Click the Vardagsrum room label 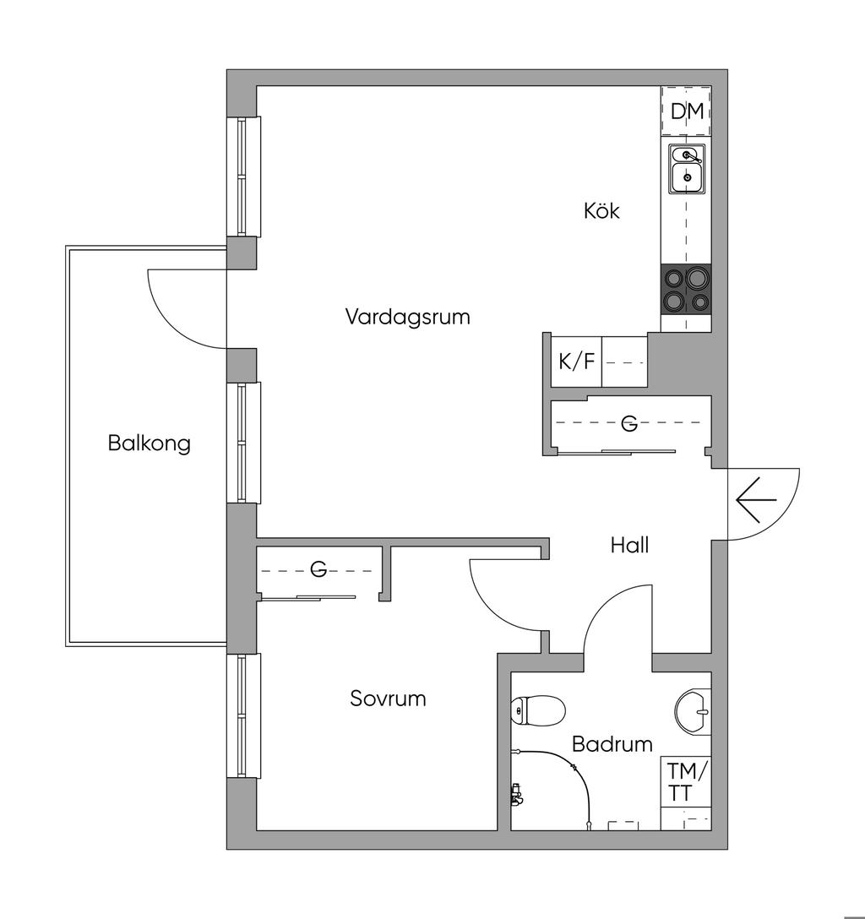(x=407, y=317)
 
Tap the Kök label (x=601, y=210)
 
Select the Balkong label (x=150, y=443)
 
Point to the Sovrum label (x=388, y=698)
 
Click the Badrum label (x=612, y=744)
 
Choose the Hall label (x=629, y=545)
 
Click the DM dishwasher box (x=686, y=111)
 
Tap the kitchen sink (x=687, y=169)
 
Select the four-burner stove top (x=686, y=289)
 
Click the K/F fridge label (x=577, y=362)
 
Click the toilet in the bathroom (x=538, y=710)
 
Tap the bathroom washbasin (x=694, y=711)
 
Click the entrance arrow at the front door (x=756, y=499)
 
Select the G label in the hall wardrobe (x=629, y=422)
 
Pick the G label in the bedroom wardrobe (x=318, y=568)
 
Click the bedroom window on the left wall (x=244, y=715)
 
